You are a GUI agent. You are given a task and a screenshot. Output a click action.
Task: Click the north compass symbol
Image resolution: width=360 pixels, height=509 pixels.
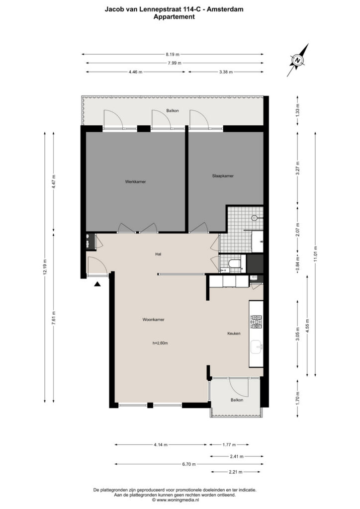(x=298, y=60)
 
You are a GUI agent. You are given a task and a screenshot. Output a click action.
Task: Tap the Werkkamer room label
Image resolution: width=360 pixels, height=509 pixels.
(x=135, y=181)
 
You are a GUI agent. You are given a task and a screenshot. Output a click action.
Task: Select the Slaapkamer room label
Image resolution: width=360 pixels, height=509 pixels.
(x=223, y=175)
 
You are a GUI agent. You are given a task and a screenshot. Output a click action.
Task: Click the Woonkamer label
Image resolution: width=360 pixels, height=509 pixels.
(x=153, y=320)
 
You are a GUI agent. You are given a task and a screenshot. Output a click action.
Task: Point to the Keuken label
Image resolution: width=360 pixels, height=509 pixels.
(x=234, y=333)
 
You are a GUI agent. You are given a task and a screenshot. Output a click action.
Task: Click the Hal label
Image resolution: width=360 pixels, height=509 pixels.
(x=158, y=254)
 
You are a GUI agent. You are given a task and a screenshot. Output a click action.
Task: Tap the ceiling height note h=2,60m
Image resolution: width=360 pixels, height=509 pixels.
(x=160, y=343)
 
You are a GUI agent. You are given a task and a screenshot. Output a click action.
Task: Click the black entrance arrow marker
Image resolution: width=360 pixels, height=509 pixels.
(x=97, y=284)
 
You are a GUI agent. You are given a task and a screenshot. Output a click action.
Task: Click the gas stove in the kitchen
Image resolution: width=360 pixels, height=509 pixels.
(x=256, y=322)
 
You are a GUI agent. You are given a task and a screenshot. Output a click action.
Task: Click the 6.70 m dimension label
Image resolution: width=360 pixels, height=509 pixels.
(x=189, y=464)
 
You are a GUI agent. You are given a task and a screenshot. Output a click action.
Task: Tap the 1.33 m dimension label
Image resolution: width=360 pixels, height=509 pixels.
(x=298, y=110)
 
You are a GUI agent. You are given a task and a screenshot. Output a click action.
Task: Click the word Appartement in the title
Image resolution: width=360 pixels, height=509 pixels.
(x=174, y=17)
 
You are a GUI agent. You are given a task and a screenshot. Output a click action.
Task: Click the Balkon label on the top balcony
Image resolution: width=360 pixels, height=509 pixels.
(x=173, y=111)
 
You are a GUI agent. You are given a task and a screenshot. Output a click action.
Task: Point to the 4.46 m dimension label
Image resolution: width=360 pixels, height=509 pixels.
(x=136, y=72)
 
